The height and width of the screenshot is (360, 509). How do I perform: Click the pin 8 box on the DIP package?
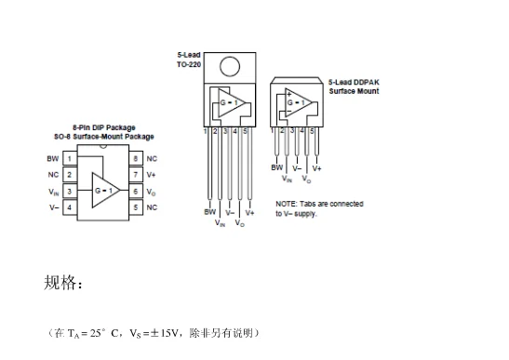tap(136, 159)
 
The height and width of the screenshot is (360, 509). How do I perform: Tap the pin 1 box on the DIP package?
tap(69, 159)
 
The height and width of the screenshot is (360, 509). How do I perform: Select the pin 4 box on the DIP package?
tap(69, 207)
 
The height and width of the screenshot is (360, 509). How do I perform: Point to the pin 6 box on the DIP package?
tap(136, 191)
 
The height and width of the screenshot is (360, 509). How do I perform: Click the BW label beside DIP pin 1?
tap(53, 159)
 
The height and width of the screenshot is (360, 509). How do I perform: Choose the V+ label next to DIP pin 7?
tap(152, 175)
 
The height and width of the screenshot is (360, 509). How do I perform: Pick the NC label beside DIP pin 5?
tap(152, 207)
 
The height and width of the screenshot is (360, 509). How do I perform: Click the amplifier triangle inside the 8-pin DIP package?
tap(102, 190)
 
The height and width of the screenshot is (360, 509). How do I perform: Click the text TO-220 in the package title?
tap(189, 64)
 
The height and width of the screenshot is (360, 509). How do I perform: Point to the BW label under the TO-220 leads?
tap(209, 212)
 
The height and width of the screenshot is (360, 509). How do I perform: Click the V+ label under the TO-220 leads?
tap(249, 212)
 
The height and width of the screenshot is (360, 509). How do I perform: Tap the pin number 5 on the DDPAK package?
tap(313, 131)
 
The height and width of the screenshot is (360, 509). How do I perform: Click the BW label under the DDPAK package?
tap(276, 167)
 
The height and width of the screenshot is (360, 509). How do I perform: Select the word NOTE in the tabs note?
tap(286, 204)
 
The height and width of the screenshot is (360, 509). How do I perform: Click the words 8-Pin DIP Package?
tap(103, 127)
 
